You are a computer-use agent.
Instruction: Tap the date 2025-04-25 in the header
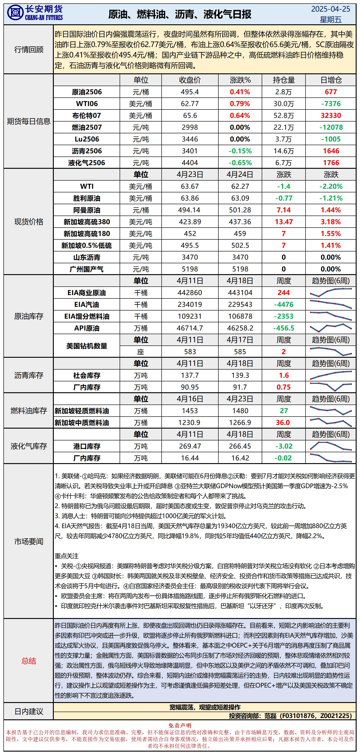coord(330,9)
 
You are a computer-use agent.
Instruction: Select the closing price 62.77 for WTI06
coord(190,104)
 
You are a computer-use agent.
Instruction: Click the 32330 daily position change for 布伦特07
coord(331,115)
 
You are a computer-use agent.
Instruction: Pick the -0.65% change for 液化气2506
coord(240,163)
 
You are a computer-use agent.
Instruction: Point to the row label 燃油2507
coord(87,127)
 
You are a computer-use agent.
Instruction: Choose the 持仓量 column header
coord(284,80)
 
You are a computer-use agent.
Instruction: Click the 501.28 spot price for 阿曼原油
coord(240,210)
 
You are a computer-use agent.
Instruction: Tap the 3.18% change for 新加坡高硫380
coord(331,222)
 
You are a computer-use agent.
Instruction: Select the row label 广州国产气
coord(87,269)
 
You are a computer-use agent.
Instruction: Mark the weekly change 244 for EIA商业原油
coord(284,293)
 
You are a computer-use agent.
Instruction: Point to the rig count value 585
coord(240,352)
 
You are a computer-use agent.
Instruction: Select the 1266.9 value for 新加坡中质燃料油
coord(240,423)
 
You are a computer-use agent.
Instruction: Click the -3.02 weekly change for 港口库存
coord(284,446)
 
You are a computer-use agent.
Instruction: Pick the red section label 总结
coord(29,661)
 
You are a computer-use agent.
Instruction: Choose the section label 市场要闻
coord(29,541)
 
